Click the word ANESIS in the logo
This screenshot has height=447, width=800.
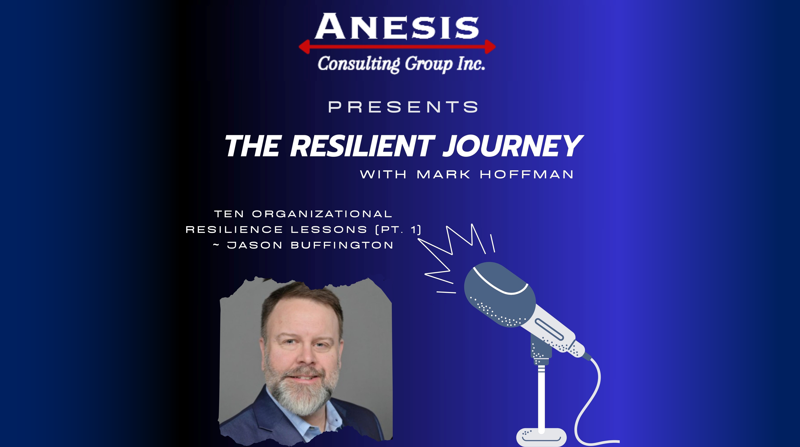coord(397,27)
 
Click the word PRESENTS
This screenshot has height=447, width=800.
coord(403,107)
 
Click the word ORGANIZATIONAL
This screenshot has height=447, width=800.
coord(322,214)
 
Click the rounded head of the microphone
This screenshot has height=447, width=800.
coord(499,293)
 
